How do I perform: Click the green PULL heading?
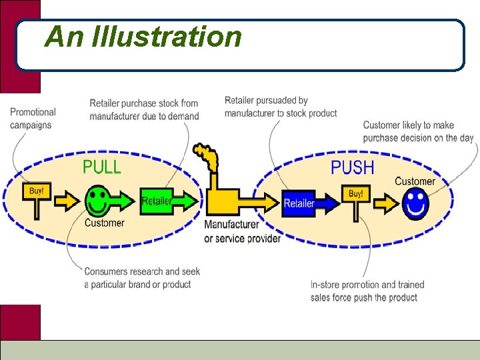click(x=102, y=167)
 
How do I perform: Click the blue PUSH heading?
click(x=353, y=167)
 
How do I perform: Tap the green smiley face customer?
click(x=97, y=201)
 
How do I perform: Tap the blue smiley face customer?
click(x=415, y=203)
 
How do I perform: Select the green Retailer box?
click(x=157, y=201)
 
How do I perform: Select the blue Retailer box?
click(x=299, y=203)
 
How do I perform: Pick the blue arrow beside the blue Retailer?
click(x=327, y=203)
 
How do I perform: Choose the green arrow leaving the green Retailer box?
click(x=185, y=201)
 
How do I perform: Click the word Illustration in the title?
click(x=166, y=37)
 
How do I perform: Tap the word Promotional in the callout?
click(x=33, y=112)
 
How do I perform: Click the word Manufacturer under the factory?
click(x=232, y=225)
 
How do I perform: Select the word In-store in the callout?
click(x=325, y=285)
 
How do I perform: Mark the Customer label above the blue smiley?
click(x=415, y=181)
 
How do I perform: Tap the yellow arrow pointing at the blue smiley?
click(x=387, y=203)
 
